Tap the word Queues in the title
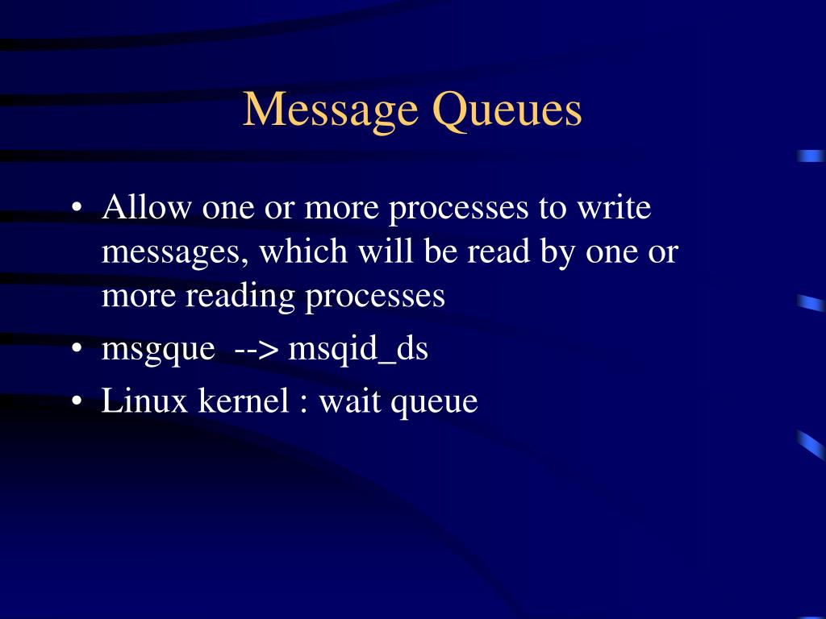[507, 110]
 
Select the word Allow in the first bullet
[147, 208]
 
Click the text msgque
[158, 351]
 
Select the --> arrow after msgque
[257, 351]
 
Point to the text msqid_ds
[358, 351]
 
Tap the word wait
[351, 401]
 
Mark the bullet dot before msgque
[77, 351]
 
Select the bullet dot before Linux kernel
[77, 401]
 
